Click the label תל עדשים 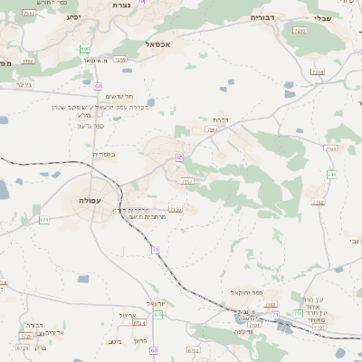pyautogui.click(x=119, y=96)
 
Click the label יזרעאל pyautogui.click(x=157, y=303)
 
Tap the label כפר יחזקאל pyautogui.click(x=245, y=294)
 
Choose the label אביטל pyautogui.click(x=127, y=316)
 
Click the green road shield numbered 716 pyautogui.click(x=299, y=313)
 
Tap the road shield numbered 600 pyautogui.click(x=85, y=48)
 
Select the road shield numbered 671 pyautogui.click(x=43, y=220)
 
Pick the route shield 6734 pyautogui.click(x=193, y=348)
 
